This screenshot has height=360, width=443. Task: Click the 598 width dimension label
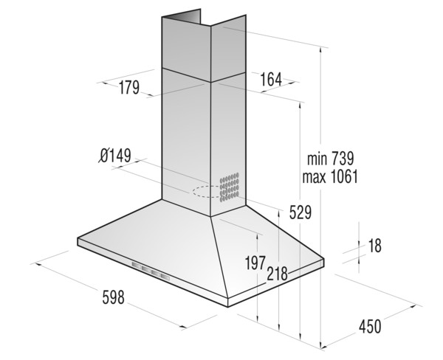pos(113,297)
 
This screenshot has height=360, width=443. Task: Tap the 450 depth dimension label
pos(370,326)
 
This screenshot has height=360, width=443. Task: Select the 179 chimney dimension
pos(128,88)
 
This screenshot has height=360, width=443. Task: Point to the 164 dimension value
pos(271,80)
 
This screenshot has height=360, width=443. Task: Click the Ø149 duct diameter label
pos(116,156)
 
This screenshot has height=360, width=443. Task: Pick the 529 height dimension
pos(300,212)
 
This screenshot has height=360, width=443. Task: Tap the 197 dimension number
pos(255,263)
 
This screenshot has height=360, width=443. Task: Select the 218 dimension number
pos(277,273)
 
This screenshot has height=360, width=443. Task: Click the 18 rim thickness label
pos(375,246)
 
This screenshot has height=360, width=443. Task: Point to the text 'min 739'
pos(330,159)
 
